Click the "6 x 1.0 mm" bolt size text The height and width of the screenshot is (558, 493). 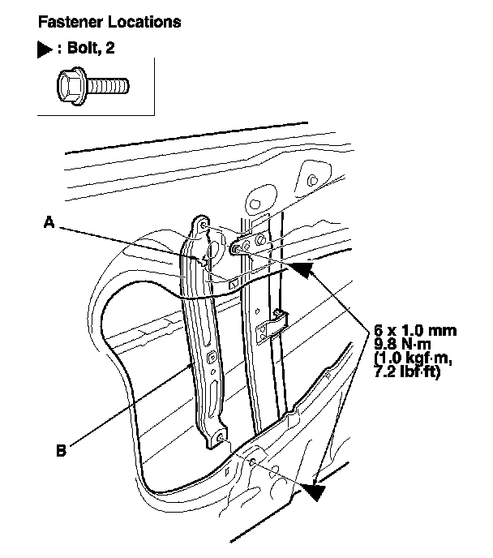click(415, 331)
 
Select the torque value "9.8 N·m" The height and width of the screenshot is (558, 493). click(404, 344)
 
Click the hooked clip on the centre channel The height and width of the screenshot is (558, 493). click(277, 319)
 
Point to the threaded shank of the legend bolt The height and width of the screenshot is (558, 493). click(108, 84)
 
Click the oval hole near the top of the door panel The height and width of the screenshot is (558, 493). click(254, 198)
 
